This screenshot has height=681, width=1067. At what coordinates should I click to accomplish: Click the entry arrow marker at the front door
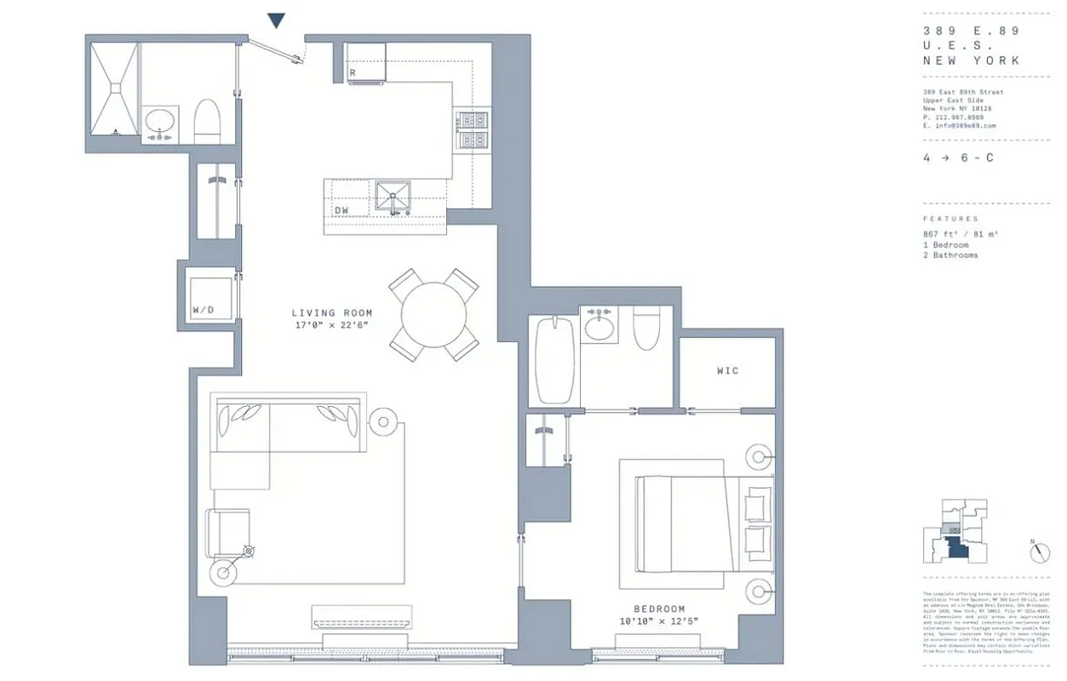276,20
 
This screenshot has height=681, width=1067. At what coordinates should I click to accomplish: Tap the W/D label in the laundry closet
204,310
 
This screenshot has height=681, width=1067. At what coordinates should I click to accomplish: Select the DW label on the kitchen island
341,209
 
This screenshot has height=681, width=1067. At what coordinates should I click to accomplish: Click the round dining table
433,315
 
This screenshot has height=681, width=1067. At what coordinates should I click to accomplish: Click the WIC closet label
727,371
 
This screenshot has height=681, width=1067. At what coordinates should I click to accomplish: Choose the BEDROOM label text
659,609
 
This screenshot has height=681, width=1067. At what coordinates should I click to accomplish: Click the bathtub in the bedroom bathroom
553,359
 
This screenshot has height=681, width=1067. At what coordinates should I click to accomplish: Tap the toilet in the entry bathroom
208,123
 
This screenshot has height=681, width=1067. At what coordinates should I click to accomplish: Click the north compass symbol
1039,552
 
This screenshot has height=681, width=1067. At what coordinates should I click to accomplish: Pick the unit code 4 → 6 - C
958,158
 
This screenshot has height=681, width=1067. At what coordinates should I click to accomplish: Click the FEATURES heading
950,219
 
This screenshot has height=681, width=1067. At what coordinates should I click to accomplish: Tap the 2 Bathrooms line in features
951,255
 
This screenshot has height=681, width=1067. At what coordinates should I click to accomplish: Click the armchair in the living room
227,532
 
